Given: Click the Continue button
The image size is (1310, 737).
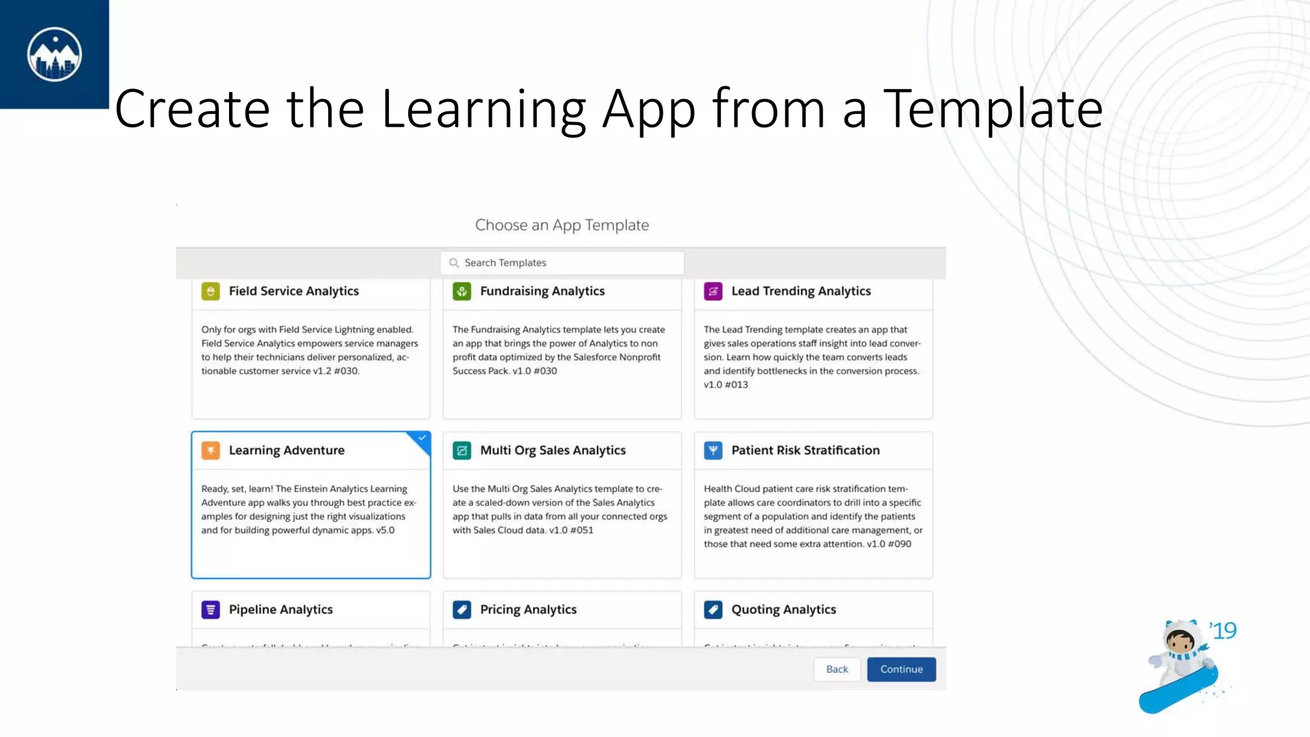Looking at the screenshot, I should click(x=901, y=669).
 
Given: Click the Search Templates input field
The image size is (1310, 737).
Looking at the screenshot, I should click(x=562, y=263).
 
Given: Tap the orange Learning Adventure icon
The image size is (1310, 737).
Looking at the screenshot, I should click(x=210, y=450).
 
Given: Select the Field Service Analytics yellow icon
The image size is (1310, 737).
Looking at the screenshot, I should click(x=210, y=291).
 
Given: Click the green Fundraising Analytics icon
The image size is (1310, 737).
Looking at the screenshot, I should click(x=462, y=291).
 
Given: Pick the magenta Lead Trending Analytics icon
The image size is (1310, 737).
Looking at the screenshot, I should click(x=713, y=291).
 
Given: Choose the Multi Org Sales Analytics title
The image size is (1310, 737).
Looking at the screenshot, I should click(x=553, y=450).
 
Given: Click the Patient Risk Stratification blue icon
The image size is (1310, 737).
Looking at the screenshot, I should click(x=713, y=450).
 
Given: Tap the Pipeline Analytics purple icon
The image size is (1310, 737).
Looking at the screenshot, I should click(x=210, y=610).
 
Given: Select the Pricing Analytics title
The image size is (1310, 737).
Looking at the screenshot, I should click(x=528, y=610).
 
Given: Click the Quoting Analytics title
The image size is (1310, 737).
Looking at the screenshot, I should click(x=784, y=610).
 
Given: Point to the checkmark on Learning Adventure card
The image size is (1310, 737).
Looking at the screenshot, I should click(x=422, y=438).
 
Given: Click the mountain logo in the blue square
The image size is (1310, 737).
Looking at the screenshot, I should click(x=54, y=54).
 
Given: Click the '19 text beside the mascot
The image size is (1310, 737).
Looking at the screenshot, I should click(x=1223, y=631).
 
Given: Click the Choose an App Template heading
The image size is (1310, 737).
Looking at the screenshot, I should click(x=562, y=225).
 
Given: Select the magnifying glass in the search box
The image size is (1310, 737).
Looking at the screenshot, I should click(x=454, y=263).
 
